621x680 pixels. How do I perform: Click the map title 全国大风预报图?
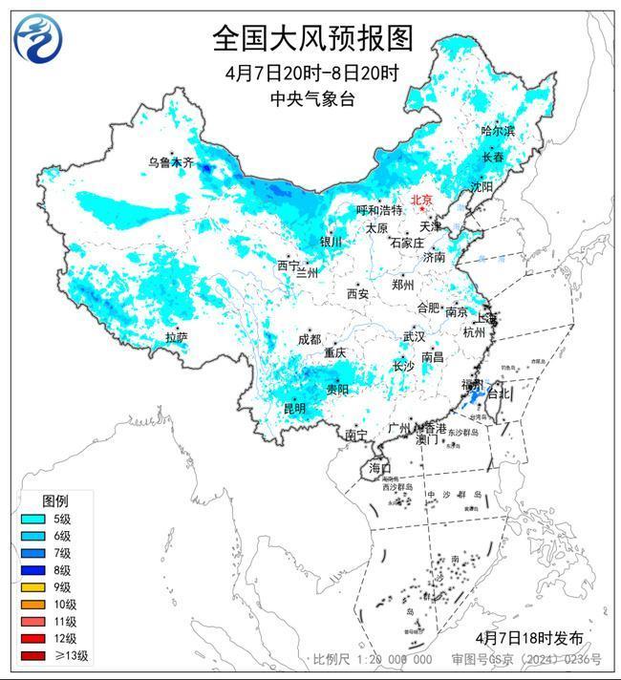click(x=312, y=39)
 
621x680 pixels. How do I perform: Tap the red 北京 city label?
click(x=421, y=200)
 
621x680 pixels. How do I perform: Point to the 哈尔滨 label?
click(x=497, y=131)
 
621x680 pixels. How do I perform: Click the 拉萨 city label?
click(x=176, y=337)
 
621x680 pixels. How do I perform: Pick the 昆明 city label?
click(x=294, y=409)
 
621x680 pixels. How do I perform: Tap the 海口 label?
click(x=380, y=468)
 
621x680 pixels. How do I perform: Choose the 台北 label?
click(x=500, y=393)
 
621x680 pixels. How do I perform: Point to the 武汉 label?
click(x=414, y=337)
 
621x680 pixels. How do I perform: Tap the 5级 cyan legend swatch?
click(x=33, y=519)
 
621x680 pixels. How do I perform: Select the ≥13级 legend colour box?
click(x=33, y=656)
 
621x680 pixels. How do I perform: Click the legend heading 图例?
click(x=55, y=500)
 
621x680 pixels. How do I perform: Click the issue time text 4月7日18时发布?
click(x=528, y=637)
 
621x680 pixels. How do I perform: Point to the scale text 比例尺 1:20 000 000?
click(x=373, y=660)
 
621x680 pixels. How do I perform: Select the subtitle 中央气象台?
click(x=312, y=96)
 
